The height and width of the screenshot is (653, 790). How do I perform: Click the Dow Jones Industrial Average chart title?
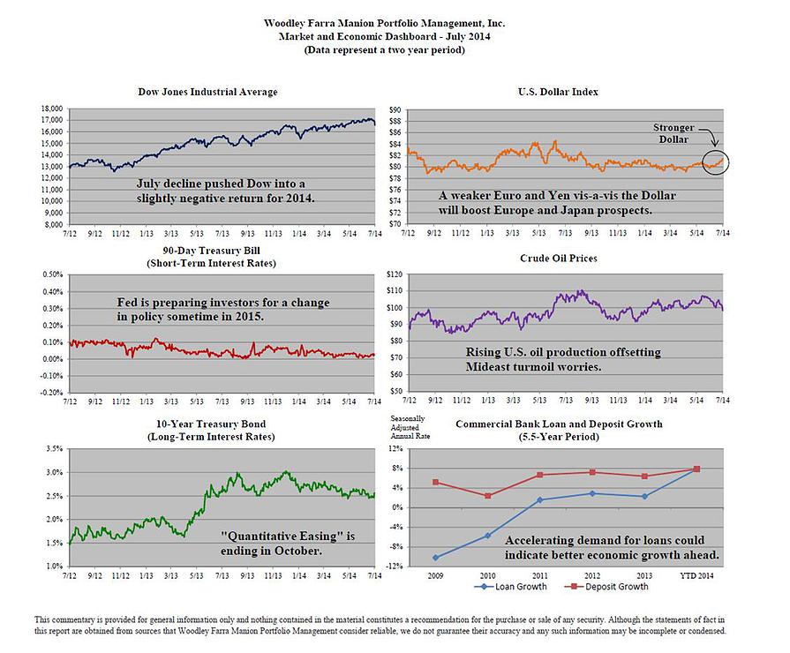click(x=207, y=92)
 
